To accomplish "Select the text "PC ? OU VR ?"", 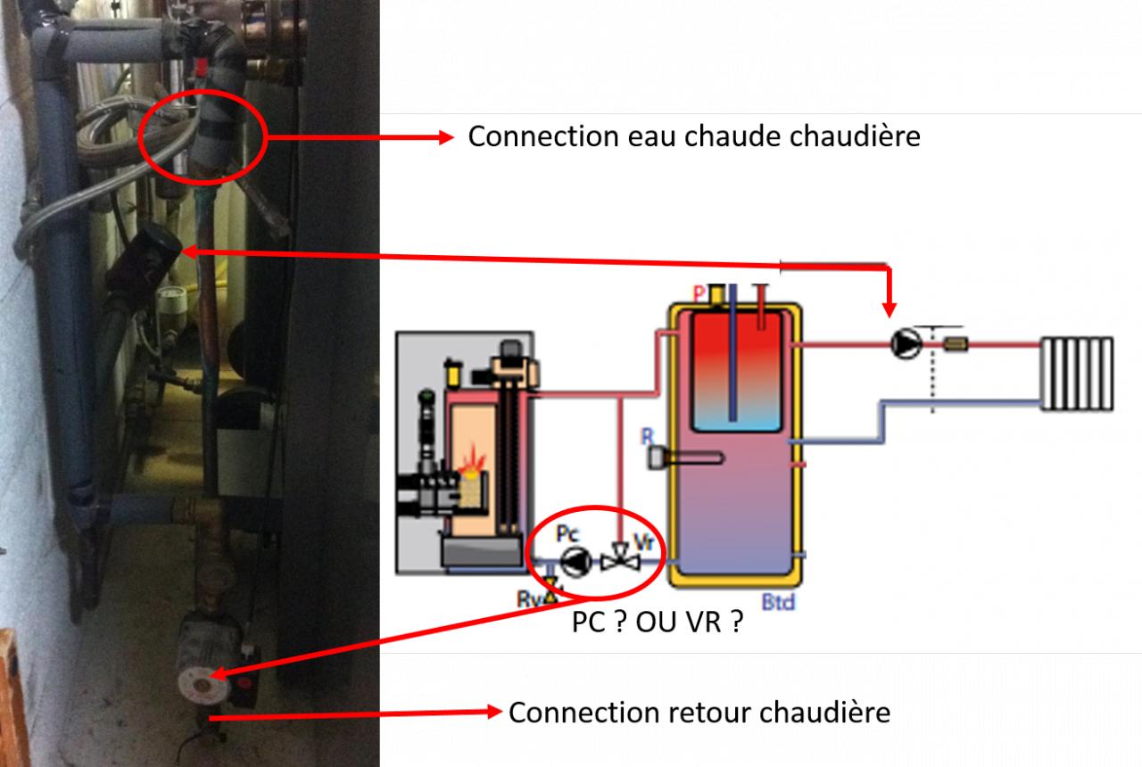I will tap(658, 623).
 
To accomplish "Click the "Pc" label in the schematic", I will tap(567, 534).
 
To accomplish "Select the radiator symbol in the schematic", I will tap(1077, 373).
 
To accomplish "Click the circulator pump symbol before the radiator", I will tap(906, 343).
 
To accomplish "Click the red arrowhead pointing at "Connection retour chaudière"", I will tap(493, 713).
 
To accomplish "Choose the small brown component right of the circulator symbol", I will tap(956, 343).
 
